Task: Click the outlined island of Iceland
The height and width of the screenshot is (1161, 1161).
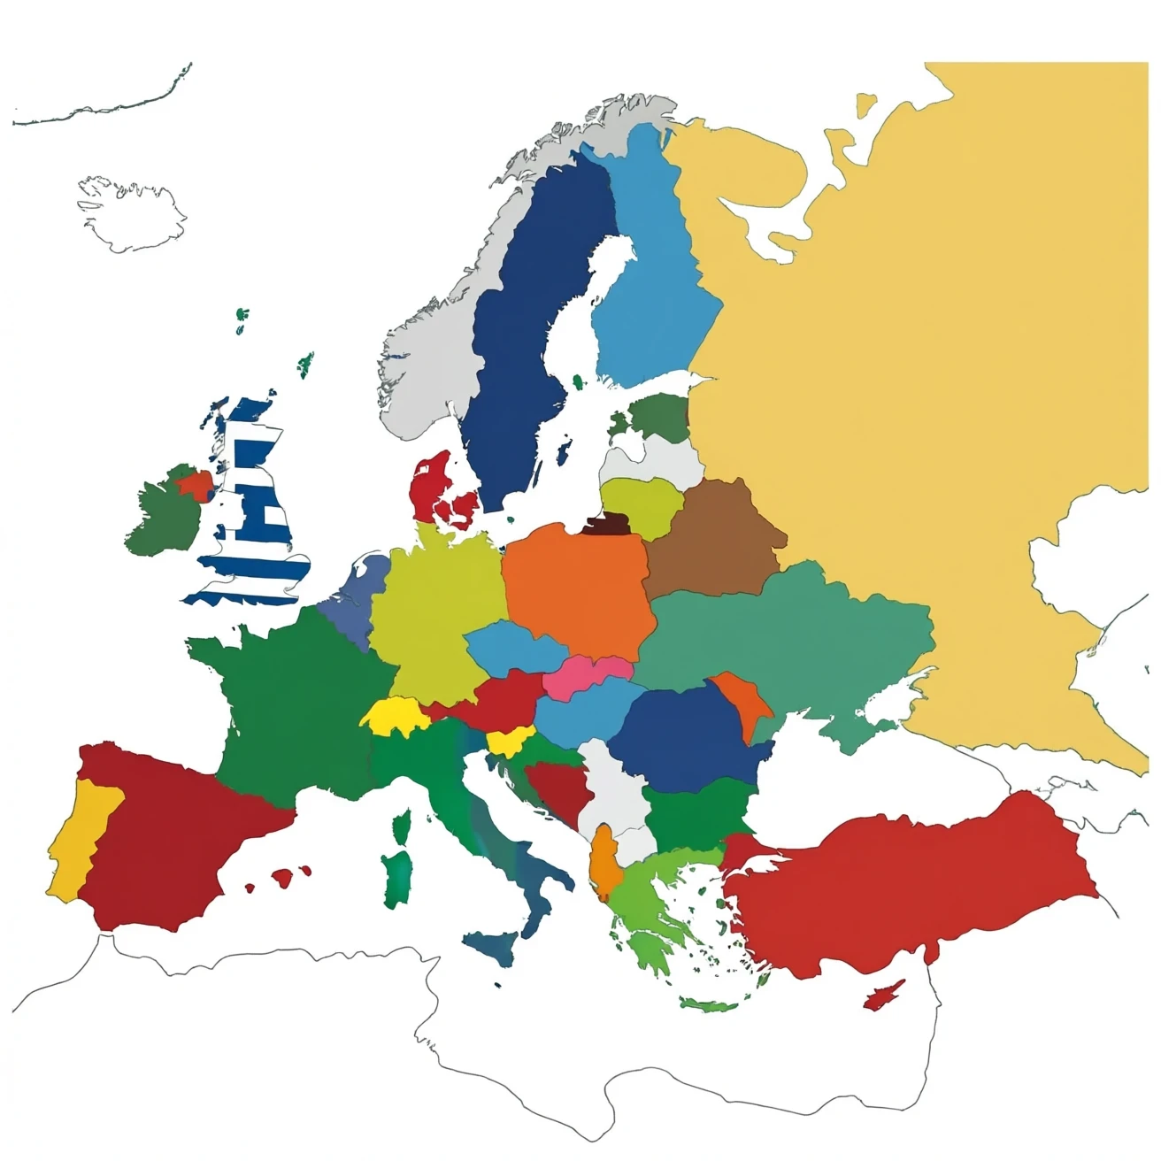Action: coord(133,212)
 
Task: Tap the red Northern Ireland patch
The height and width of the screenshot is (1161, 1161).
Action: coord(196,485)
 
